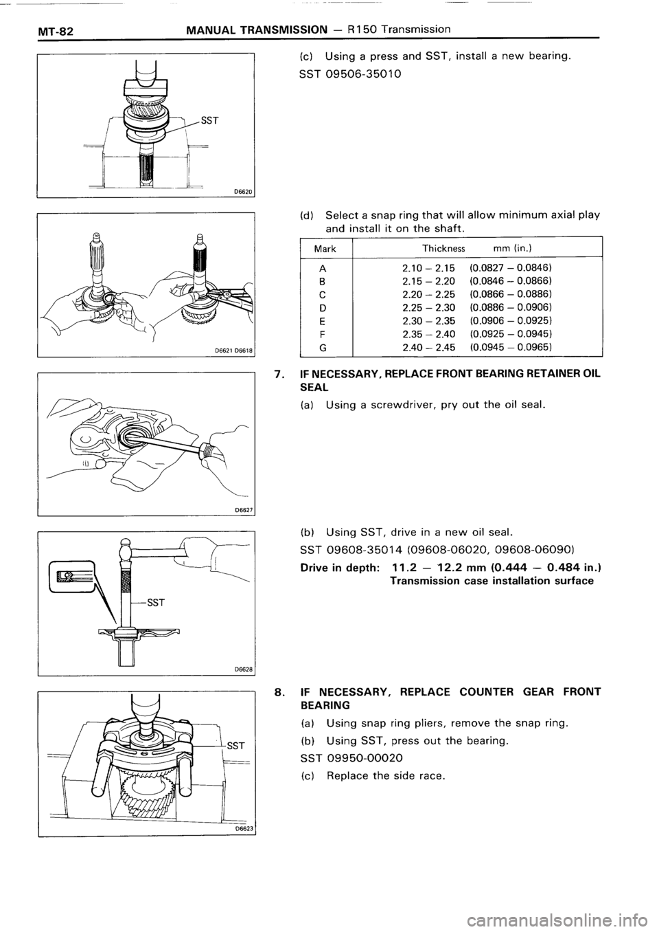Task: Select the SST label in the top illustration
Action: click(x=209, y=122)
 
